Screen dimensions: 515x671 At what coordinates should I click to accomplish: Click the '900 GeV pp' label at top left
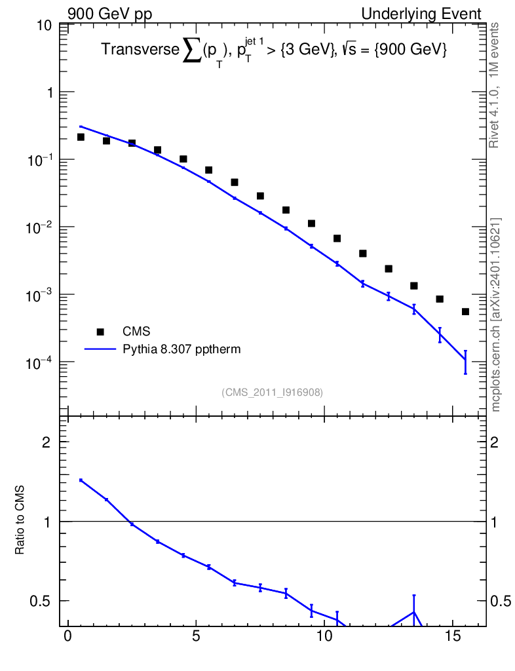109,14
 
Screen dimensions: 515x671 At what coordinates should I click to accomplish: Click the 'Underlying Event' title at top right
421,14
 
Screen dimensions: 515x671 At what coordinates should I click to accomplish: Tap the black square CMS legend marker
100,332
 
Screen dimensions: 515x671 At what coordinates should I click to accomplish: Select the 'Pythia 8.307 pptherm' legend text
181,349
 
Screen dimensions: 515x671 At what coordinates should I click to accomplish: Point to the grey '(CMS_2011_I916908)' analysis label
272,392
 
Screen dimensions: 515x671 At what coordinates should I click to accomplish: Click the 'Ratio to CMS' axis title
20,520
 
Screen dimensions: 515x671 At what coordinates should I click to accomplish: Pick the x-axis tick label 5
196,636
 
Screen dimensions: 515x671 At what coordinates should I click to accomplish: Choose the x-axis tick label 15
453,636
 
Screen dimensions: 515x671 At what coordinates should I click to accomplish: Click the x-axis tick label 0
67,636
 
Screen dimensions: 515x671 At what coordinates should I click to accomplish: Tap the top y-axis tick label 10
45,26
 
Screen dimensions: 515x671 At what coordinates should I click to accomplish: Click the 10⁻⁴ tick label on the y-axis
39,363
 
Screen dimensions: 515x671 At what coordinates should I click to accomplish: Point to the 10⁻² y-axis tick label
39,227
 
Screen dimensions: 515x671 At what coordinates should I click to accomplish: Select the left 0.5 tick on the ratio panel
40,601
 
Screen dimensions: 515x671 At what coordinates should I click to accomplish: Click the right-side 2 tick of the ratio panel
494,442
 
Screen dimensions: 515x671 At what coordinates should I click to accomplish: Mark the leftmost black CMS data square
81,137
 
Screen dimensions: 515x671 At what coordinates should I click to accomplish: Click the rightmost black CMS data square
465,311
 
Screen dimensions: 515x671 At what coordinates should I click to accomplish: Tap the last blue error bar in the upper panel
465,362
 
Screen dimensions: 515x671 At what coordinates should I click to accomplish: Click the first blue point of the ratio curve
81,480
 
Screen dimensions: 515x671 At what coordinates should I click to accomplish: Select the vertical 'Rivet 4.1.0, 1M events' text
495,85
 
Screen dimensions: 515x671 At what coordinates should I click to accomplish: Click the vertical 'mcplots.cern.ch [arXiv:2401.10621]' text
495,315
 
